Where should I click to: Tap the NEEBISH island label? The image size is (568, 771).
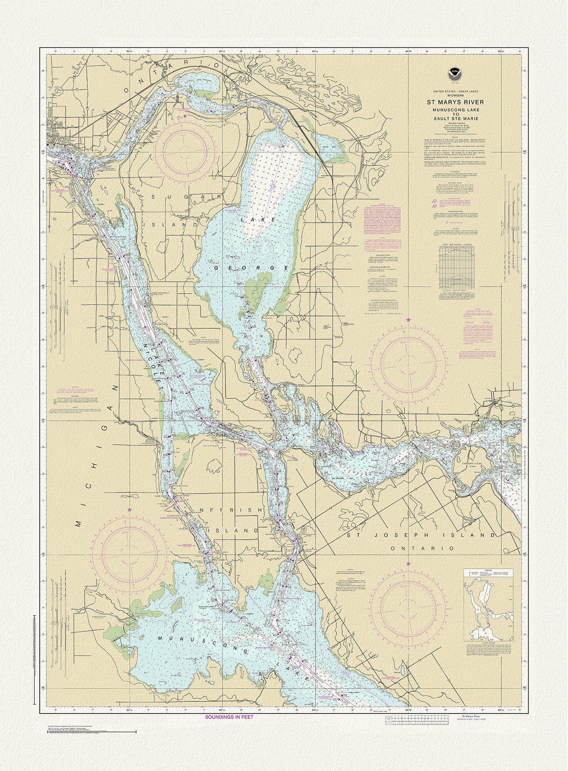coord(231,510)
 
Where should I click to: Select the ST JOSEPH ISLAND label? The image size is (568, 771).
coord(421,535)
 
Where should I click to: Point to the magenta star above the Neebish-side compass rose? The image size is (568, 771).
coord(129,510)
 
